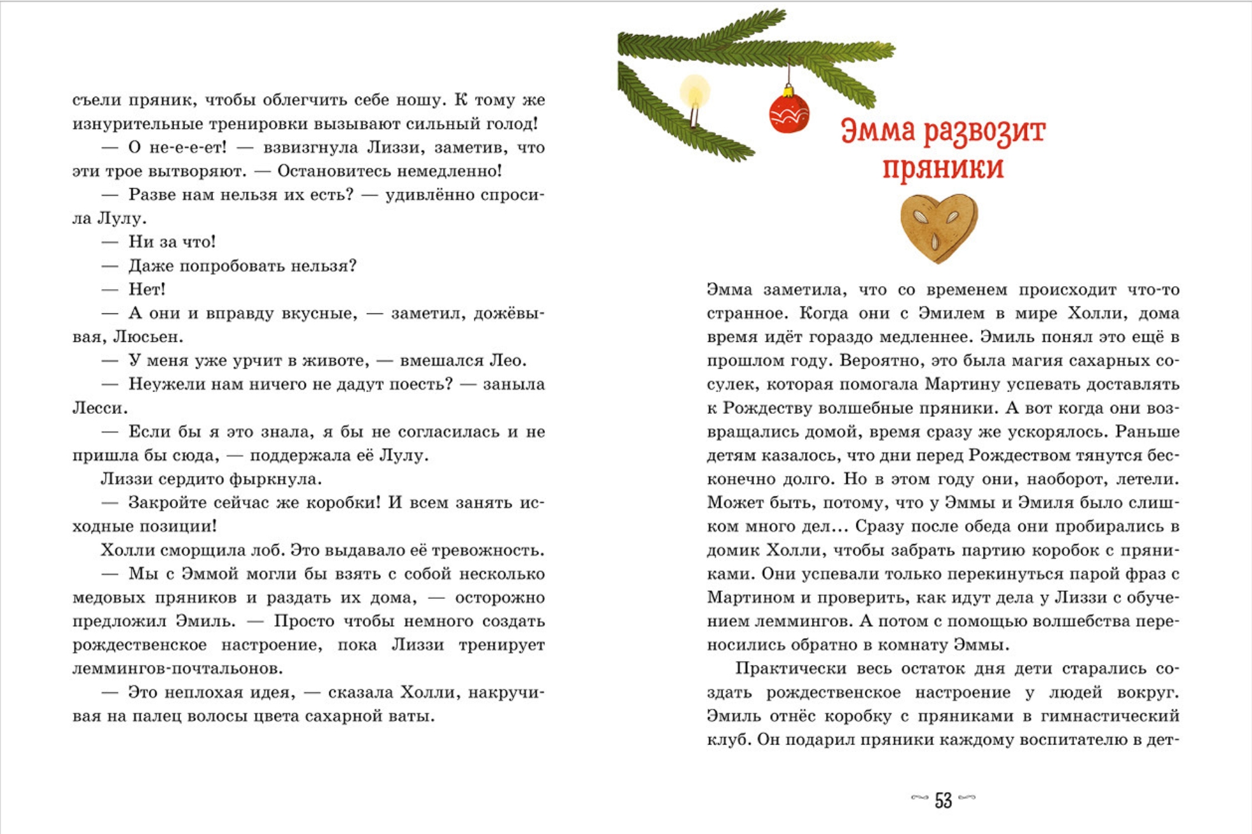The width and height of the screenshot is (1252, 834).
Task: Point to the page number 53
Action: pyautogui.click(x=943, y=800)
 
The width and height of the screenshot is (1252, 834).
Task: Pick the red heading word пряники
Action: pyautogui.click(x=943, y=167)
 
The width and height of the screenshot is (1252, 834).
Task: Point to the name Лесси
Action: pyautogui.click(x=99, y=408)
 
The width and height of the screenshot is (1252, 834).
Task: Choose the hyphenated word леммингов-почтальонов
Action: pyautogui.click(x=177, y=669)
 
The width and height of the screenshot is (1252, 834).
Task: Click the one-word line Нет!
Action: pyautogui.click(x=147, y=289)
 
